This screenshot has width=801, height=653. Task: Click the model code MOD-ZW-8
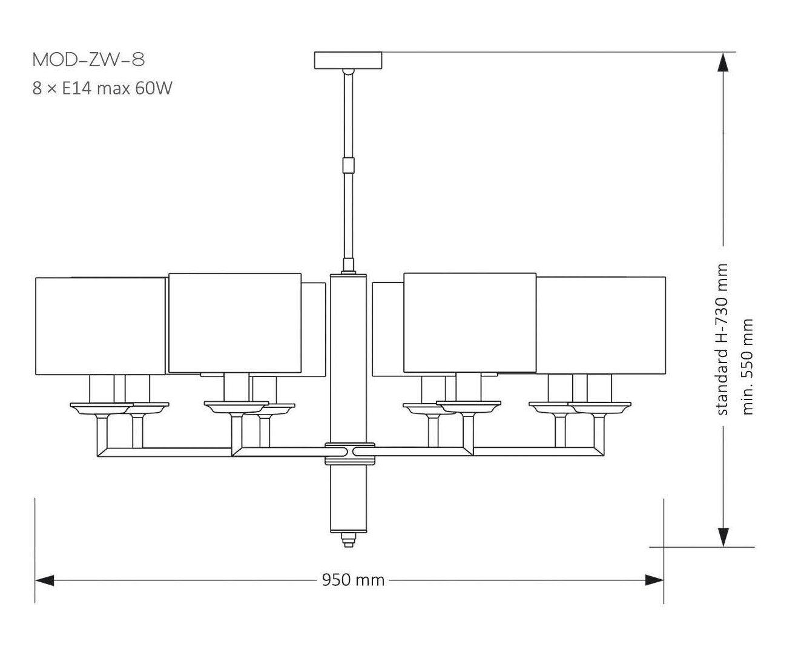pyautogui.click(x=88, y=60)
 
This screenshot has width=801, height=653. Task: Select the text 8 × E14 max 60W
pyautogui.click(x=102, y=88)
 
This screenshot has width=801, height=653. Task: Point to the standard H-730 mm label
pyautogui.click(x=722, y=340)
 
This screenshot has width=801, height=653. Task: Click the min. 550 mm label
pyautogui.click(x=748, y=367)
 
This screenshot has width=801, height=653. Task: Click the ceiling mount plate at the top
pyautogui.click(x=348, y=60)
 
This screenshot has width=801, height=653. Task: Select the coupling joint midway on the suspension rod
pyautogui.click(x=348, y=165)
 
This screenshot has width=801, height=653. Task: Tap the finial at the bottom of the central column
pyautogui.click(x=348, y=539)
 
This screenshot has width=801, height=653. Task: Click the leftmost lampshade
pyautogui.click(x=100, y=326)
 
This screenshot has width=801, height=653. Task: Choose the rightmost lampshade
pyautogui.click(x=601, y=325)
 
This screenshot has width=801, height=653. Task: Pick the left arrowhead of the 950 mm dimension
pyautogui.click(x=44, y=580)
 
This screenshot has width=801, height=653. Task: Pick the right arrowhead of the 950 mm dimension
pyautogui.click(x=654, y=580)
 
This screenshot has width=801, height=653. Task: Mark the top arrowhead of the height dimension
pyautogui.click(x=722, y=63)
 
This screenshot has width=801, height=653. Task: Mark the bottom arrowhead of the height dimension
pyautogui.click(x=722, y=537)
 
